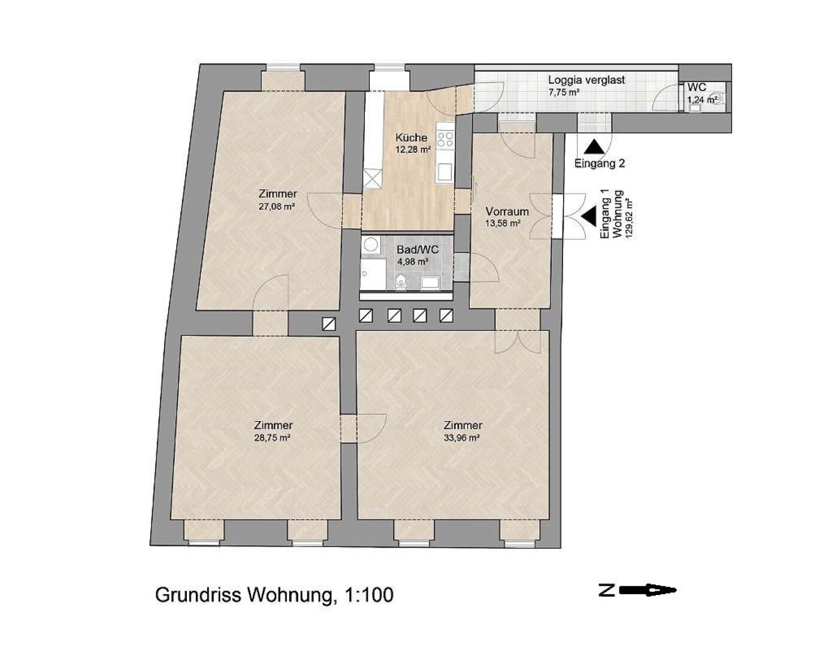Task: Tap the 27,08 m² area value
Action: click(277, 207)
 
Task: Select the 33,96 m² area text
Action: click(462, 438)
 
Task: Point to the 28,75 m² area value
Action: click(273, 438)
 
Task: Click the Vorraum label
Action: click(507, 211)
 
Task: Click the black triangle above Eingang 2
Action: click(594, 147)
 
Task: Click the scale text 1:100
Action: click(368, 595)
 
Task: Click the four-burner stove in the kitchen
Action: click(446, 140)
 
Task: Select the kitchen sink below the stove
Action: click(446, 173)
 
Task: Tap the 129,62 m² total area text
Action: click(629, 215)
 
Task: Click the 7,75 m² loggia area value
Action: click(564, 92)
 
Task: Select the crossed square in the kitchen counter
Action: click(372, 178)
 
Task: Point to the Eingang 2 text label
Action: click(600, 163)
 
